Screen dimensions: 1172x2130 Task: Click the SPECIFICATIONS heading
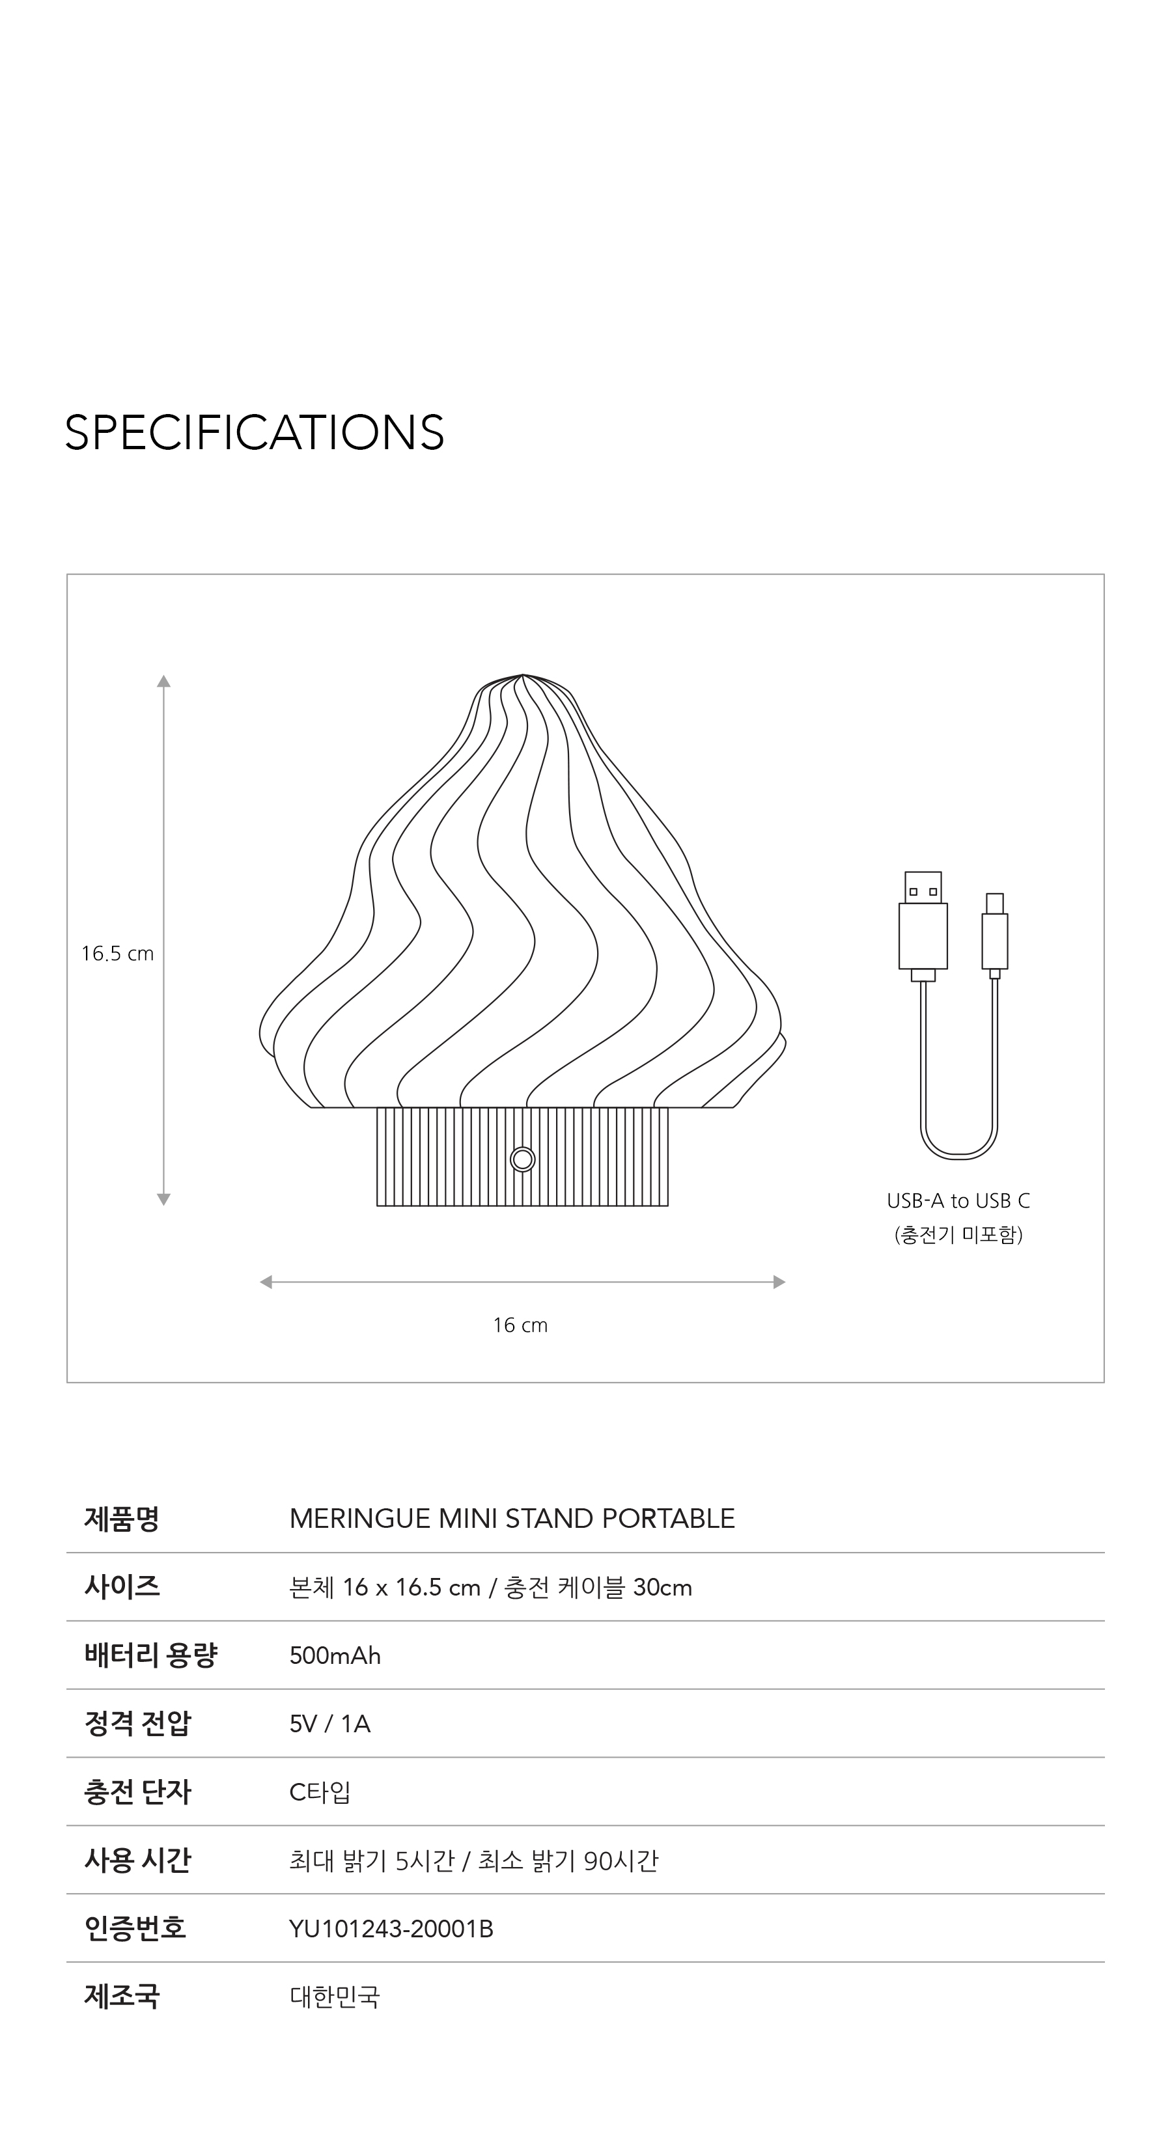point(254,432)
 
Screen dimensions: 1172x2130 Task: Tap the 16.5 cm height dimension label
point(117,954)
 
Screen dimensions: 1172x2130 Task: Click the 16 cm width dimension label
point(520,1325)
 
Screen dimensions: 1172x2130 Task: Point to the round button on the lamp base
point(523,1159)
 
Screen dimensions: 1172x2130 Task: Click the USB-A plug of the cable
point(923,926)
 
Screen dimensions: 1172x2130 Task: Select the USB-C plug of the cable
point(995,934)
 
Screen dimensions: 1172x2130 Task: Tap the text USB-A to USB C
point(958,1200)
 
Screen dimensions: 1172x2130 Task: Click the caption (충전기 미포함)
point(958,1234)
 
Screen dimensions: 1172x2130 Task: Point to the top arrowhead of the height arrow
point(164,682)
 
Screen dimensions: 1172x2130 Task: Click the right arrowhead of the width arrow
point(779,1282)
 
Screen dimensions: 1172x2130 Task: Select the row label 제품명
point(122,1518)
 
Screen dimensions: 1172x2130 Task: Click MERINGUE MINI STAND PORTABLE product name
point(512,1518)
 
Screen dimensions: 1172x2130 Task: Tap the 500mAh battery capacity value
point(335,1655)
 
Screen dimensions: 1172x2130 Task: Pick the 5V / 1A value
point(330,1724)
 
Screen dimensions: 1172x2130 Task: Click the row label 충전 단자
point(138,1791)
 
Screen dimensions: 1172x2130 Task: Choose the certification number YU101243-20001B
point(391,1928)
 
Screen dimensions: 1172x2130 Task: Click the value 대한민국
point(335,1997)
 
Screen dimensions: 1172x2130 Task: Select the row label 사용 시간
point(138,1860)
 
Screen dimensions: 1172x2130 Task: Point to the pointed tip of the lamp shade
point(523,676)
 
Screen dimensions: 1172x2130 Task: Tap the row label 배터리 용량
point(150,1655)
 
